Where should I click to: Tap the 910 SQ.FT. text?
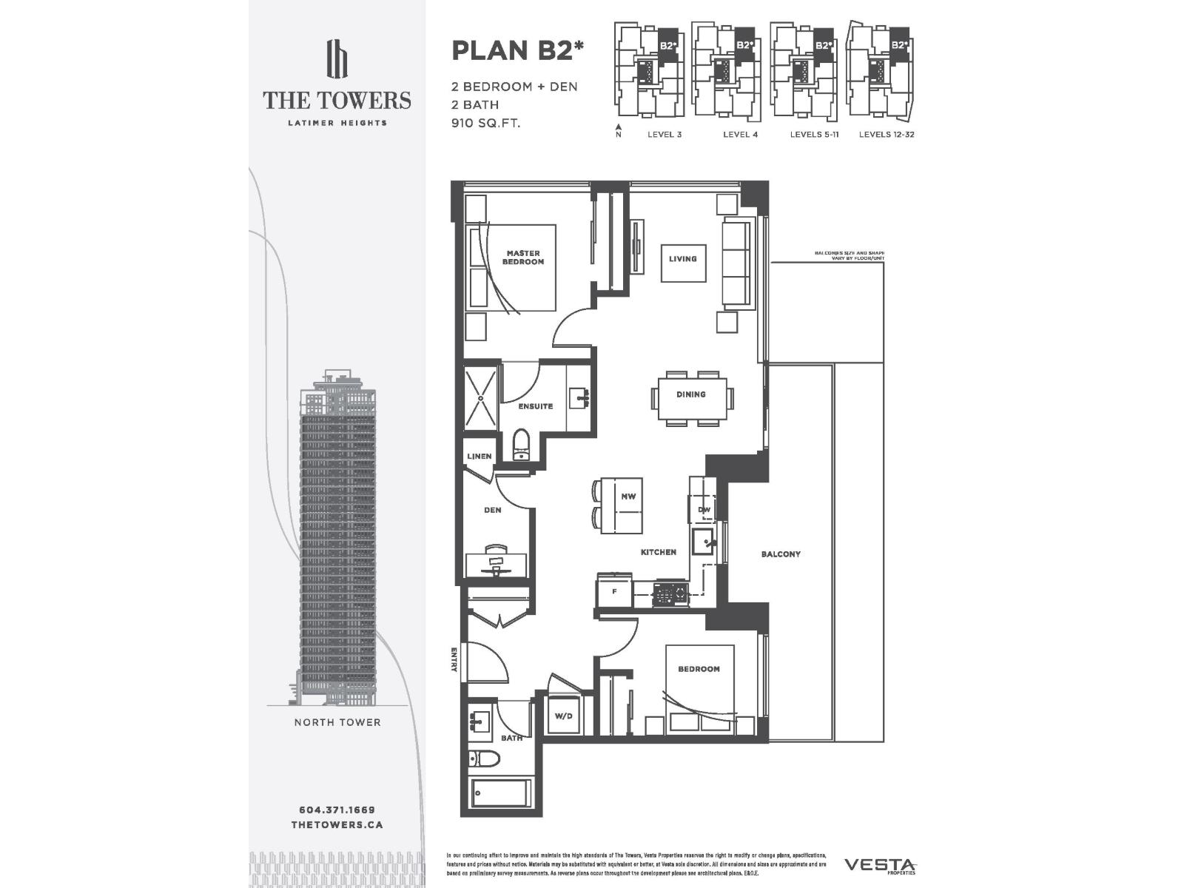point(486,123)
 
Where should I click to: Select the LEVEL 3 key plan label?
point(664,135)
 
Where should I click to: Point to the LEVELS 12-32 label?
point(887,135)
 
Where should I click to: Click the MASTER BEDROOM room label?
point(523,258)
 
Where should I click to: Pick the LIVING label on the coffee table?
point(682,259)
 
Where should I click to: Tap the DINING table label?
point(690,394)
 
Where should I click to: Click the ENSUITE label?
point(535,406)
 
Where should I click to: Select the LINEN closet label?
point(479,457)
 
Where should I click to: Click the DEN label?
point(492,510)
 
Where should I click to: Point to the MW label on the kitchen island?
point(628,497)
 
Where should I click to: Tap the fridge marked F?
point(614,592)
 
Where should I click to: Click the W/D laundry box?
point(564,716)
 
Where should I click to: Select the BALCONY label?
point(781,554)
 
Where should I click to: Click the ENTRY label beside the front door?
point(454,659)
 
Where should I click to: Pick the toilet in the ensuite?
point(521,444)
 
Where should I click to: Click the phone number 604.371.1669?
point(337,810)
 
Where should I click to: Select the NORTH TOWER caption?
point(337,722)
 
